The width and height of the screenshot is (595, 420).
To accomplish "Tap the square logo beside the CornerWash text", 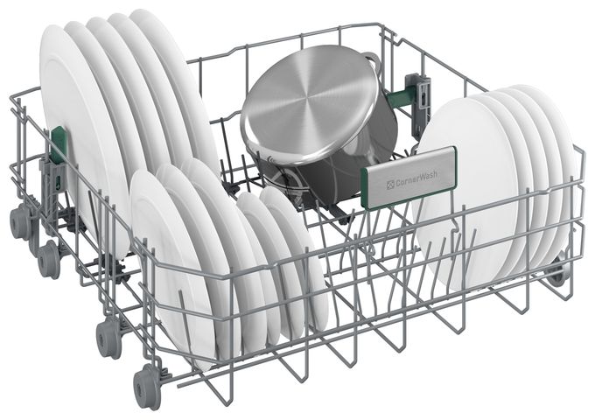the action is pyautogui.click(x=390, y=185).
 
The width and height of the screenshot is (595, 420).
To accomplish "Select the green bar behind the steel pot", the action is pyautogui.click(x=398, y=98).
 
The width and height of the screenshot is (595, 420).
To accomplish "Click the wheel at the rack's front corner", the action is pyautogui.click(x=147, y=386).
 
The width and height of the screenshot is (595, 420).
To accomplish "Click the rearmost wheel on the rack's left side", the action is pyautogui.click(x=21, y=223).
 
